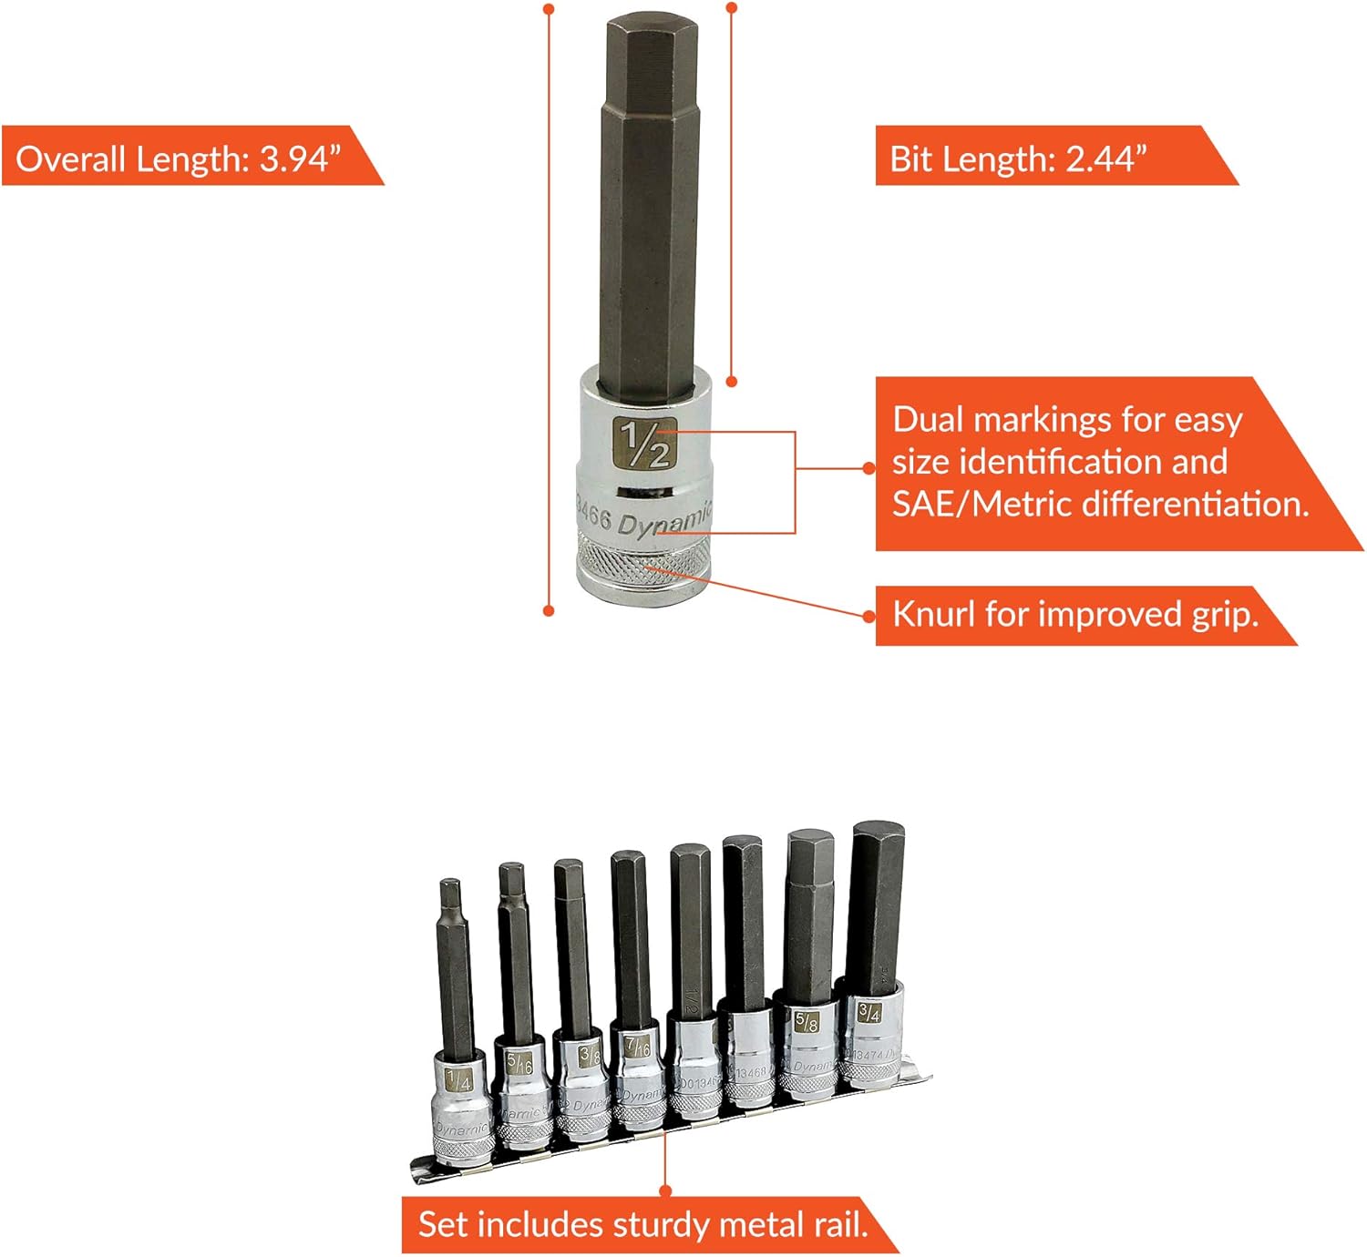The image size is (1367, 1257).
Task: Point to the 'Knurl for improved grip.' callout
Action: coord(1075,615)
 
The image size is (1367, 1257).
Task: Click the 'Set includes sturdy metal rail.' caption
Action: coord(642,1224)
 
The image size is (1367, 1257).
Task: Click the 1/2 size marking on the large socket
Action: coord(644,443)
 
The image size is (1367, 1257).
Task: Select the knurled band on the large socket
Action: coord(645,565)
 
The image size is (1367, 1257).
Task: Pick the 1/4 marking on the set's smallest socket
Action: coord(459,1081)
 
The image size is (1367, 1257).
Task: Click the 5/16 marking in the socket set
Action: coord(519,1062)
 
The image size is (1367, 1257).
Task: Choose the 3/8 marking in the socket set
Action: coord(591,1055)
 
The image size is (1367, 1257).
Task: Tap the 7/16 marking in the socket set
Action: coord(638,1047)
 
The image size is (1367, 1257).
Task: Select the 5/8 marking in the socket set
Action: coord(806,1022)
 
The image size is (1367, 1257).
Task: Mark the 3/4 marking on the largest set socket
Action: coord(869,1011)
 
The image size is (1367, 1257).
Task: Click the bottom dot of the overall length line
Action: coord(549,610)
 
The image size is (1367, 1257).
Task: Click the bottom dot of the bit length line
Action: coord(731,382)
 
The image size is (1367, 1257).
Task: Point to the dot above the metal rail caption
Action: coord(665,1191)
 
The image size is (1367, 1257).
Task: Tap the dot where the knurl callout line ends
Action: coord(869,616)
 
